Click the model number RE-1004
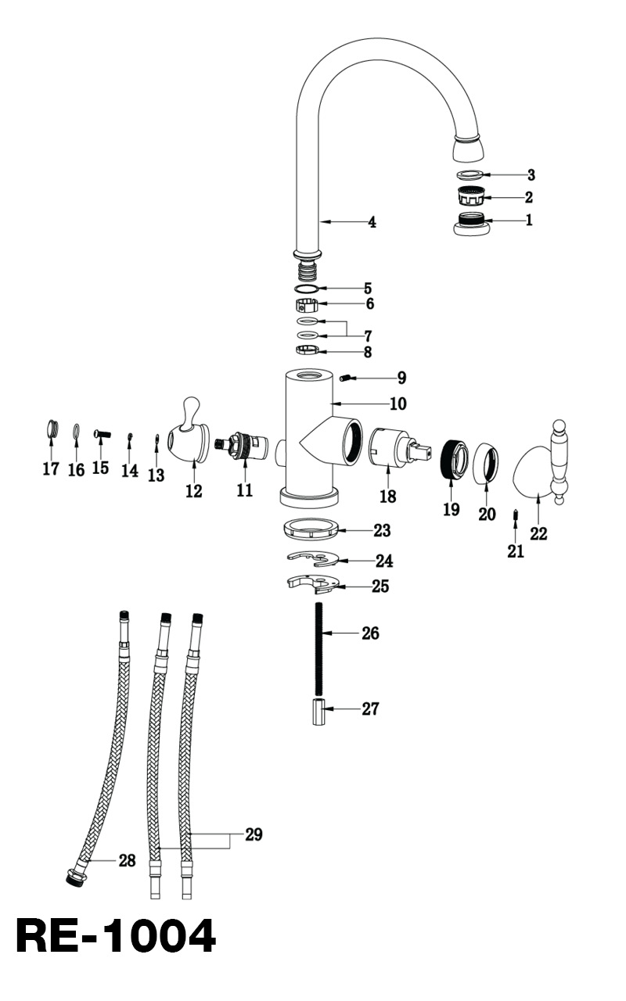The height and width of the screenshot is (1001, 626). tap(115, 936)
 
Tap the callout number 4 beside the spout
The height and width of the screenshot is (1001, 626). tap(372, 223)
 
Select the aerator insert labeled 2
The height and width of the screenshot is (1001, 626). tap(470, 196)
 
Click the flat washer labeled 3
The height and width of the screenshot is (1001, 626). tap(469, 174)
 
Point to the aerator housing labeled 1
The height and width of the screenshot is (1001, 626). tap(471, 223)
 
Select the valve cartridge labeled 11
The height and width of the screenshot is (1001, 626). tap(244, 447)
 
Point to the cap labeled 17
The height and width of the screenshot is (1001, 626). tap(52, 429)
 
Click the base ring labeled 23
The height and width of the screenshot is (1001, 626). tap(311, 528)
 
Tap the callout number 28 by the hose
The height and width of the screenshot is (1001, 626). tap(127, 861)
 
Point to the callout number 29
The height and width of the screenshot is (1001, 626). tap(254, 834)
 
